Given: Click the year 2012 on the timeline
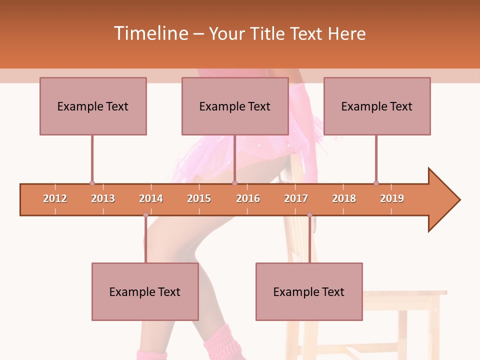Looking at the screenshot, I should tap(55, 198).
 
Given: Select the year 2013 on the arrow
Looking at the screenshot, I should tap(103, 198).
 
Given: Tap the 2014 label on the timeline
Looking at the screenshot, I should tap(151, 198).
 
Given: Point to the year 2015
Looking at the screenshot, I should tap(199, 198).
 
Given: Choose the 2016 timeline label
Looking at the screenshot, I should tap(248, 198).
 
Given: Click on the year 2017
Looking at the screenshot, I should tap(296, 198).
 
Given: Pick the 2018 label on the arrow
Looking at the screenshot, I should tap(344, 198).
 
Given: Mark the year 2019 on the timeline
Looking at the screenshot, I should tap(392, 198).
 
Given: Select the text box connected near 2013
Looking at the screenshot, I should tap(93, 106).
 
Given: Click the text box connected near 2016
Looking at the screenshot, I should tap(235, 106).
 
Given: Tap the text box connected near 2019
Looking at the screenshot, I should tap(377, 106).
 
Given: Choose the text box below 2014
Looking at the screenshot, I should tap(145, 291).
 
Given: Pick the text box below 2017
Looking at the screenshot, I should tap(309, 291).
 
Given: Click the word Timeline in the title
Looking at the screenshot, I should tap(151, 33).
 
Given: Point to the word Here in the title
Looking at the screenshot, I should tap(346, 34).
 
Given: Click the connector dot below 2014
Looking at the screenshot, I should tap(145, 215).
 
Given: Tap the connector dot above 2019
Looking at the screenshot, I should tap(376, 183).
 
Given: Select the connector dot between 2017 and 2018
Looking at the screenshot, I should tap(309, 215).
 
